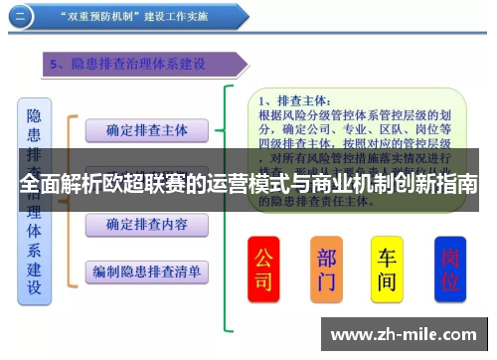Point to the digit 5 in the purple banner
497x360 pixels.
(56, 65)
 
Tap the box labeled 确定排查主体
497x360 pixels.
(147, 130)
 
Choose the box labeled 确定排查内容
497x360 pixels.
(147, 225)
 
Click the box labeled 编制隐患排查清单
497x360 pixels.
(147, 270)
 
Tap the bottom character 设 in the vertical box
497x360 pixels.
(34, 287)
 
